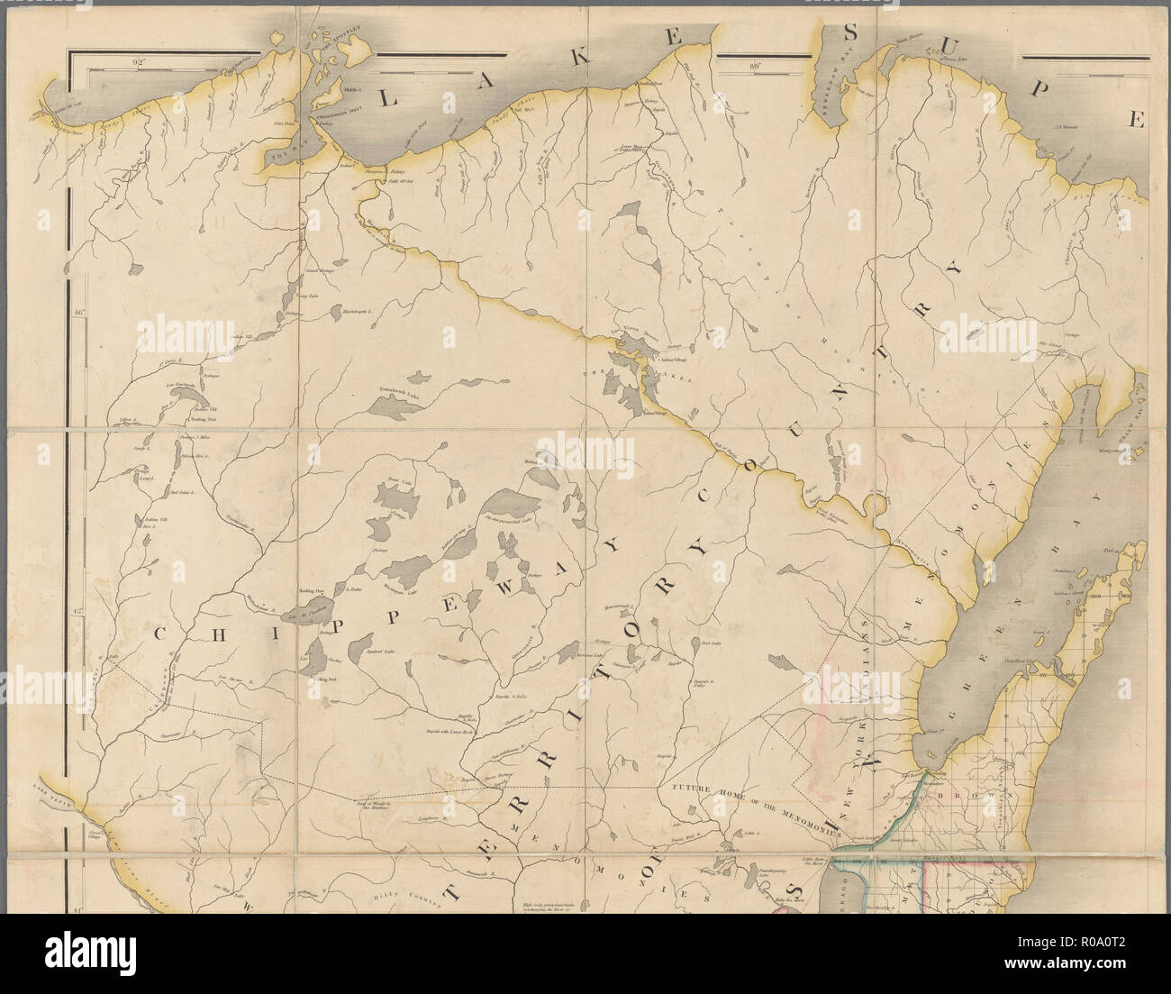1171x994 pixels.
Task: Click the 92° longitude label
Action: (x=137, y=63)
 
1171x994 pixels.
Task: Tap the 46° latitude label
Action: (x=78, y=314)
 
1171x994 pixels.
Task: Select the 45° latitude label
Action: (x=78, y=610)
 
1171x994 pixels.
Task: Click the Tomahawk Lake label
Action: (x=397, y=394)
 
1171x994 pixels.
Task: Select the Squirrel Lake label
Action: (x=379, y=650)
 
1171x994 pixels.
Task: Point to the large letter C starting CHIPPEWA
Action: (x=159, y=633)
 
